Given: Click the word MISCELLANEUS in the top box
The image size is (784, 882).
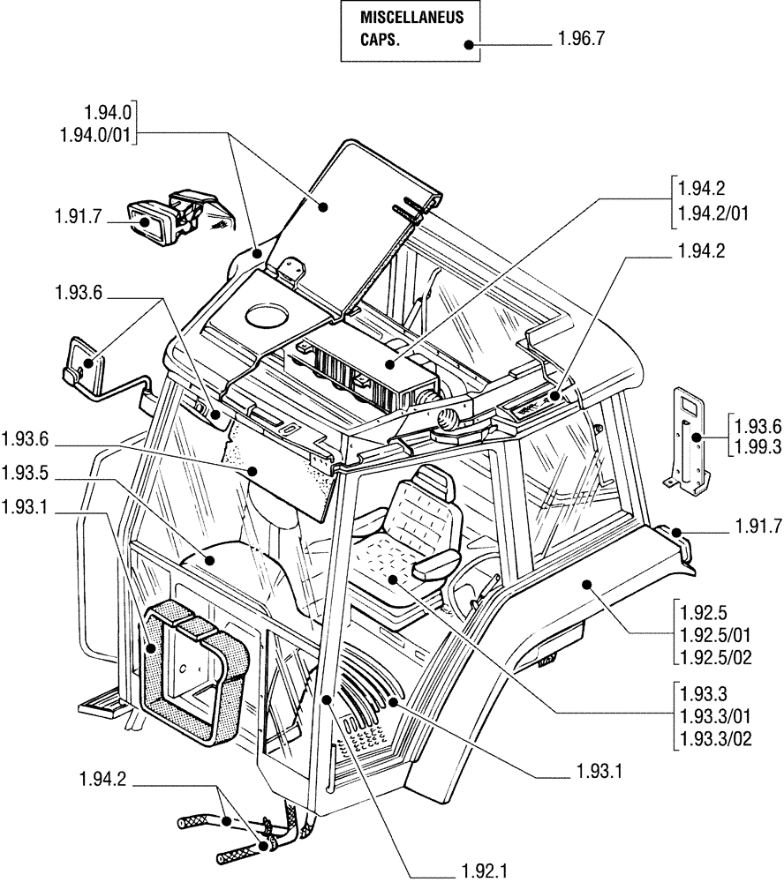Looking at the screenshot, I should pyautogui.click(x=409, y=19).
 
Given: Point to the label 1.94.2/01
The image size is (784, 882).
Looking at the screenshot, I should pyautogui.click(x=713, y=212).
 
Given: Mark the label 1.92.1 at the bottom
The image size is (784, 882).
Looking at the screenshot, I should pyautogui.click(x=482, y=869).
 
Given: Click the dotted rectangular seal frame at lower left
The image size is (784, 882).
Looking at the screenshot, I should pyautogui.click(x=192, y=661).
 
